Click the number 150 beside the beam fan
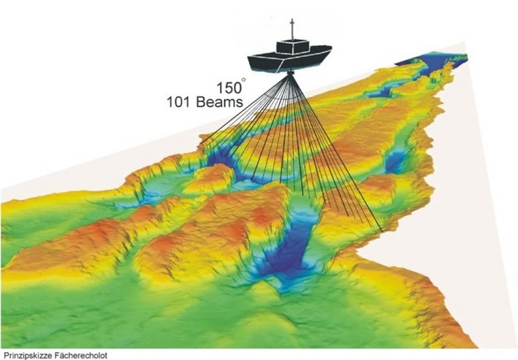pos(229,86)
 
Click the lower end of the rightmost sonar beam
pos(382,232)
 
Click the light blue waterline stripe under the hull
pos(292,69)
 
